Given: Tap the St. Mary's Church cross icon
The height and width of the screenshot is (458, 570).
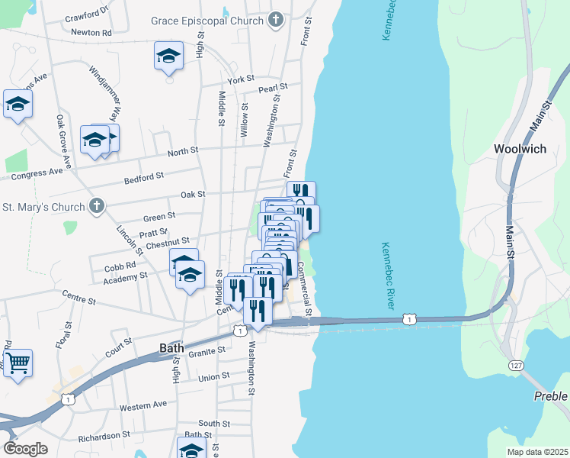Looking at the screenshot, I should (x=96, y=206).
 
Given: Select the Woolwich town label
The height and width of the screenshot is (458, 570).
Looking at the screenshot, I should (x=520, y=149).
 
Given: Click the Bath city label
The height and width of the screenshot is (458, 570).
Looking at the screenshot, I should (x=171, y=348).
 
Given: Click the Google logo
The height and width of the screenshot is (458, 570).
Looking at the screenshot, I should (x=25, y=449).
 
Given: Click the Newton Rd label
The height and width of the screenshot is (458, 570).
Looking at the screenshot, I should (x=91, y=33).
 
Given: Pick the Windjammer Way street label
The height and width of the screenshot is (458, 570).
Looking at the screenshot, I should (x=105, y=90).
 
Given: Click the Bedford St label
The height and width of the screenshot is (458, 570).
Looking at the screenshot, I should (x=144, y=176).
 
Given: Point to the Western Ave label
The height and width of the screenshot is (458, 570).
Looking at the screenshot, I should (x=142, y=405).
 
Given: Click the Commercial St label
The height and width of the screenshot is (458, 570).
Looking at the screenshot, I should (x=303, y=290).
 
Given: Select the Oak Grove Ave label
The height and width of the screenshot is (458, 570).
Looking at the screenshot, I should (x=64, y=141).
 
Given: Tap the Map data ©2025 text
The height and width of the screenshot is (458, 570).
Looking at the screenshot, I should (x=537, y=452).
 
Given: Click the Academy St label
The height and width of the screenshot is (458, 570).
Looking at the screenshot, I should (x=126, y=279).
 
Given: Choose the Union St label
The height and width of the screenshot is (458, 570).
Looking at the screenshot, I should (x=213, y=377).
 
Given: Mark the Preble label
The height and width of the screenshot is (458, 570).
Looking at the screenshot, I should (x=550, y=396).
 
